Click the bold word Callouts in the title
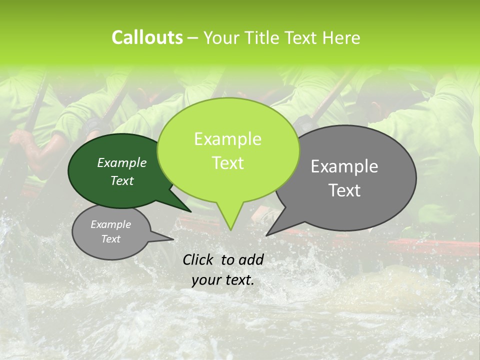147,37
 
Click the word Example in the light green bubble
227,139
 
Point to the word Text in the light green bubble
227,163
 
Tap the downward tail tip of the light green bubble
230,230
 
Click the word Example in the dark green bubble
121,162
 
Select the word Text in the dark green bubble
121,180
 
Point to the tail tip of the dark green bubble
190,211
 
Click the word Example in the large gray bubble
344,166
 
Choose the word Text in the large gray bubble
344,190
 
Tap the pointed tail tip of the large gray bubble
266,235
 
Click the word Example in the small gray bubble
110,224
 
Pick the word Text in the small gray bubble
110,239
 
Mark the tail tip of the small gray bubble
173,239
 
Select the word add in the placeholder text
250,259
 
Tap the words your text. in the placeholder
222,280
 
